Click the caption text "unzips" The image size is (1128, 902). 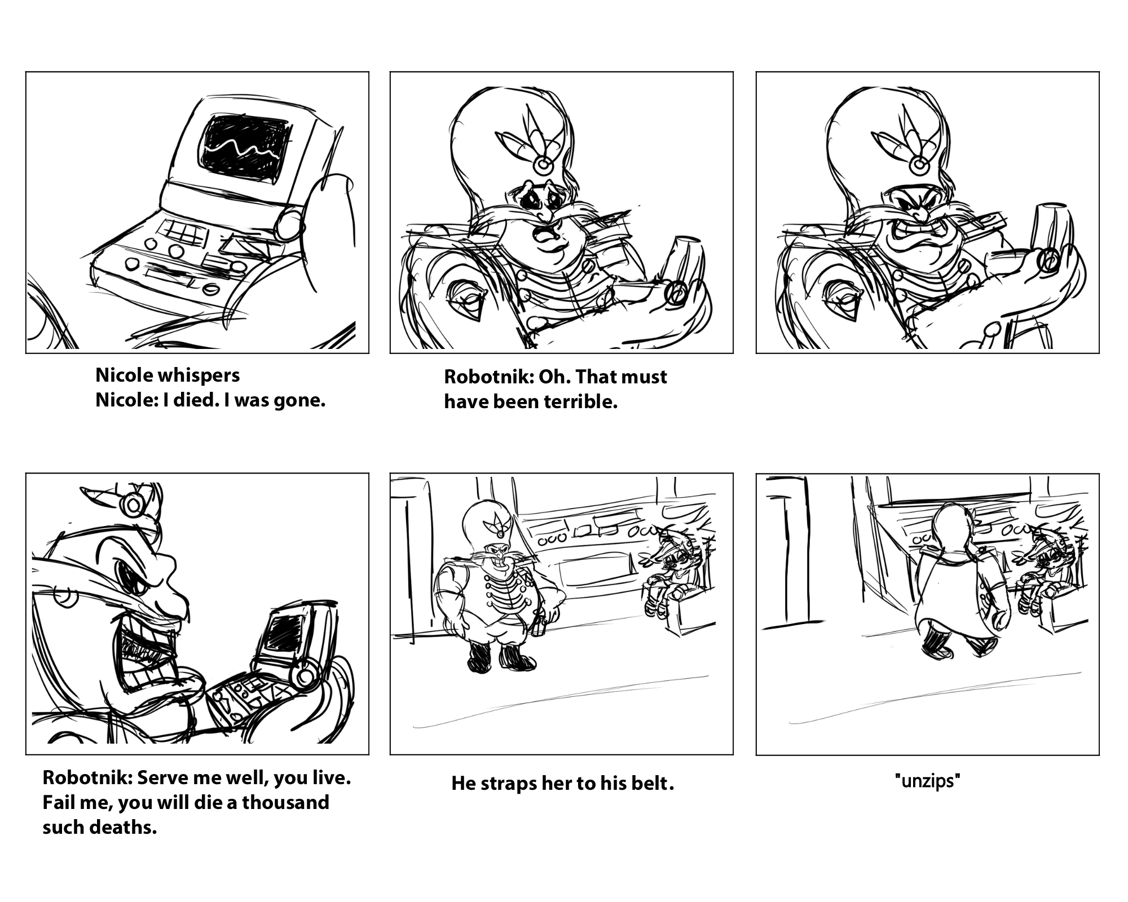tap(927, 781)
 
